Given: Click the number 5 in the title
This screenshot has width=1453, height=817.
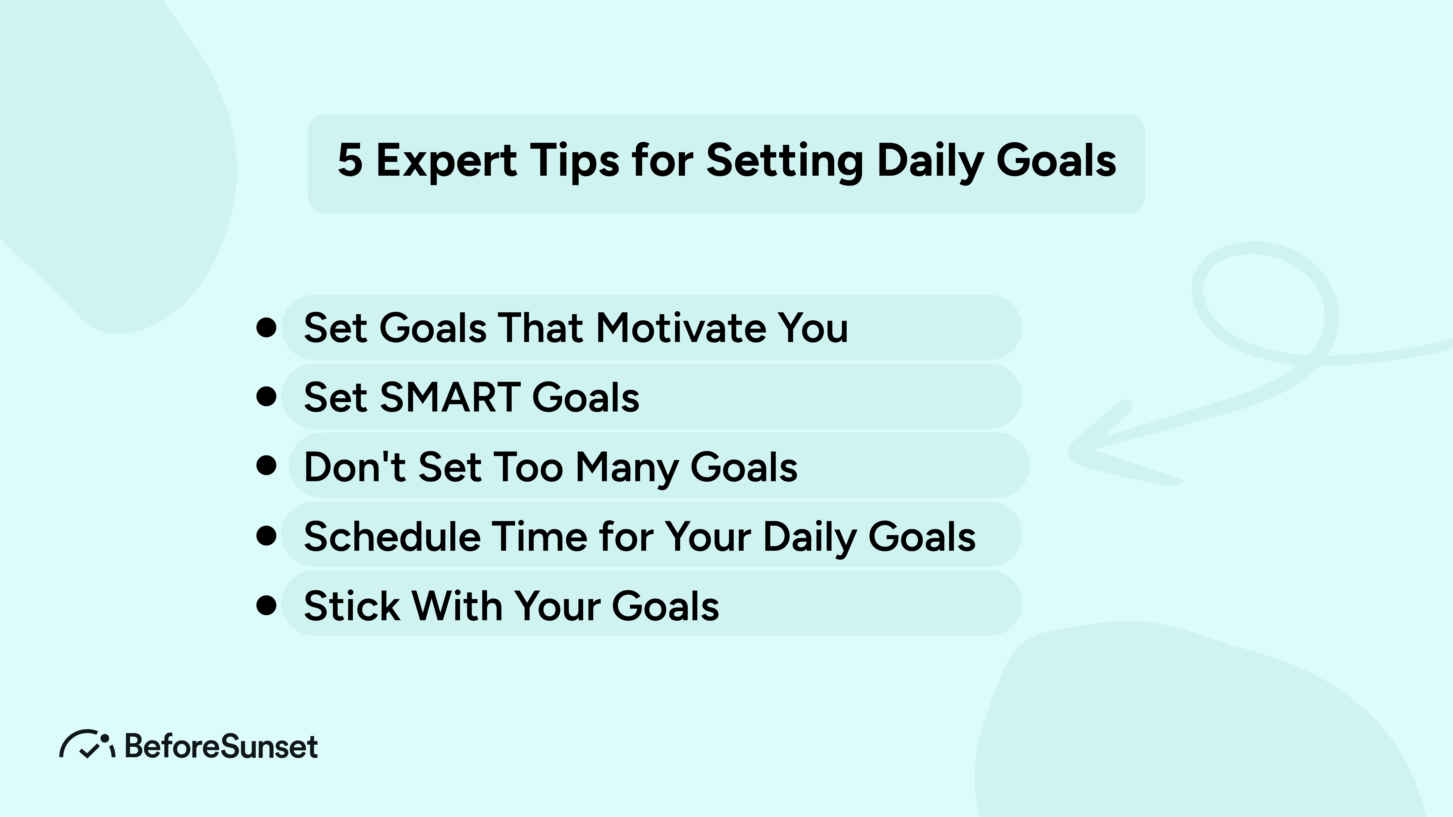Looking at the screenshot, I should (350, 161).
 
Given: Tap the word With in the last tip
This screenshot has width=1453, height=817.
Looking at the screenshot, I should (457, 606).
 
